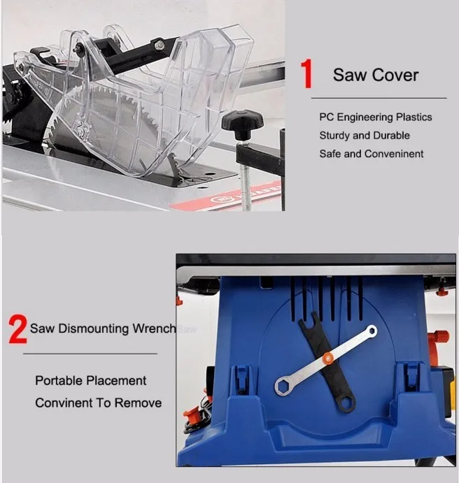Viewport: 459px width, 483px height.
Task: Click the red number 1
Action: point(307,74)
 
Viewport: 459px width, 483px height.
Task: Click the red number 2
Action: point(18,329)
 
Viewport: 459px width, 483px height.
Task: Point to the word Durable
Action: point(392,135)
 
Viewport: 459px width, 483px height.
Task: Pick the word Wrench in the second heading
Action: point(154,329)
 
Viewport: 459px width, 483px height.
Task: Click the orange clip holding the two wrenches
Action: point(327,358)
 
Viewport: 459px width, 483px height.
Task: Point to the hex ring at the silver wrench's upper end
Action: point(371,331)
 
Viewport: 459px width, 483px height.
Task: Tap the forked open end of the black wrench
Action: point(309,320)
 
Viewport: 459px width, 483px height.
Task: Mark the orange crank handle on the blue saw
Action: point(441,337)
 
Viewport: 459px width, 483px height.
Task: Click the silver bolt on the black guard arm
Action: point(159,45)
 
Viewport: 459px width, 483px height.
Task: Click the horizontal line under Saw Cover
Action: point(379,99)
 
